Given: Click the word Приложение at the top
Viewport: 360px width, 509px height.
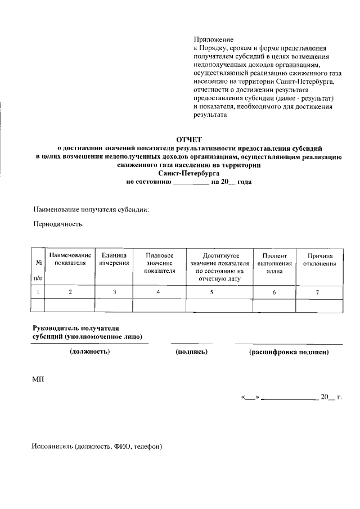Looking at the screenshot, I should tap(213, 39).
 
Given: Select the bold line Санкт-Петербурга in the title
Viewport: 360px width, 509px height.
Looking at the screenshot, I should tap(188, 174).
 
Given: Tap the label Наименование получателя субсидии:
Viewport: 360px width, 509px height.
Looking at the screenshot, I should tap(92, 210).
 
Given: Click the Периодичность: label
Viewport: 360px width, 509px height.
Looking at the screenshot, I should tap(59, 224).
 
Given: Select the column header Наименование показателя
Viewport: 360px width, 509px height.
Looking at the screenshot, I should tap(70, 259).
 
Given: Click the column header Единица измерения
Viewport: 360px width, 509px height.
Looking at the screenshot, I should tap(114, 259).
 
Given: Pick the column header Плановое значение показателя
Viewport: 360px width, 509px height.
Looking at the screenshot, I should tap(159, 263).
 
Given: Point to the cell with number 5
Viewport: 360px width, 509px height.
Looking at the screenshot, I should tap(211, 292).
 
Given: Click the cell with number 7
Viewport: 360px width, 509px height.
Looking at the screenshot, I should tap(317, 292).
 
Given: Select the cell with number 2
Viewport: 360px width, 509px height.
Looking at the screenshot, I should tap(70, 292).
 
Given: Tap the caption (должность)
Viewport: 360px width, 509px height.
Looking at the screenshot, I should tap(89, 352).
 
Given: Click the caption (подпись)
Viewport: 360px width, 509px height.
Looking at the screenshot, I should tap(192, 352).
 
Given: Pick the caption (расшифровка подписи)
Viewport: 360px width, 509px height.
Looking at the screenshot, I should tap(289, 352).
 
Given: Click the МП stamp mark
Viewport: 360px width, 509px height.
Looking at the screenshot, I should tap(38, 380).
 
